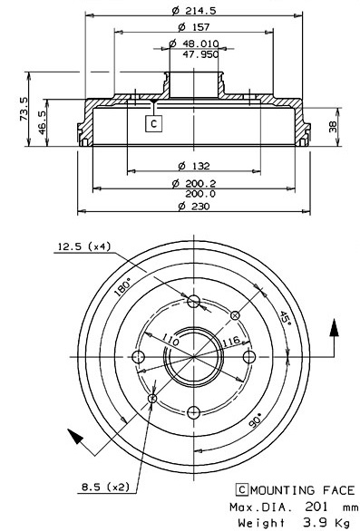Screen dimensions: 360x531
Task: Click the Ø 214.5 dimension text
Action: coord(193,11)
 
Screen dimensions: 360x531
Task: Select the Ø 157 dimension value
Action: coord(193,27)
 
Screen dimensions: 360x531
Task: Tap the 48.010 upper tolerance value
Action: coord(200,43)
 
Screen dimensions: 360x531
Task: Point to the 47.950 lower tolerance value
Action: coord(200,54)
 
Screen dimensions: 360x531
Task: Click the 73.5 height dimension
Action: coord(24,109)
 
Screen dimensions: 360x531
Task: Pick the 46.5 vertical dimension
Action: coord(43,122)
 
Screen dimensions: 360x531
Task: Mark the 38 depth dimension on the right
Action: coord(333,127)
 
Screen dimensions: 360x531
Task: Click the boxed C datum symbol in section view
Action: coord(153,123)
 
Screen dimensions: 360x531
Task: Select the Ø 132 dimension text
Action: coord(194,166)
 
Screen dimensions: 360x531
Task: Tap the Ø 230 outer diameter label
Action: coord(194,206)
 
